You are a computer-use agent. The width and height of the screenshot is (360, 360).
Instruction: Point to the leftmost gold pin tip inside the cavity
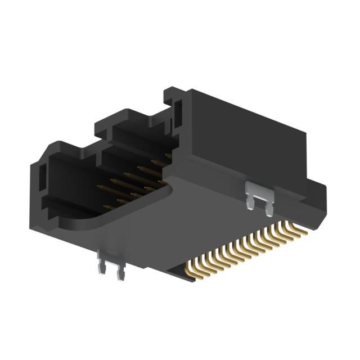[x=100, y=187]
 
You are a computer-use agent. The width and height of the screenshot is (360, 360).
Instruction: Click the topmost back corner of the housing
[x=169, y=89]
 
